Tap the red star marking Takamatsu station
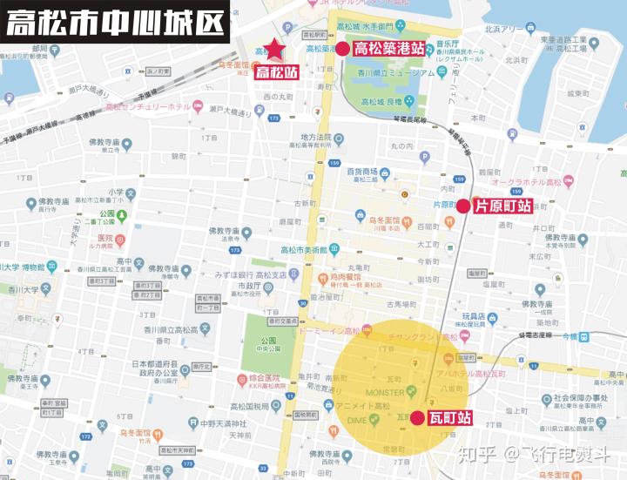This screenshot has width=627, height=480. pyautogui.click(x=275, y=50)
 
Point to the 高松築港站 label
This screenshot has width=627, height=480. pyautogui.click(x=389, y=48)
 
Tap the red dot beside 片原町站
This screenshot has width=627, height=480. pyautogui.click(x=463, y=206)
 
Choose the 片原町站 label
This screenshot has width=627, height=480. pyautogui.click(x=502, y=206)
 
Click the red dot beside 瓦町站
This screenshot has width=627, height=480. pyautogui.click(x=417, y=417)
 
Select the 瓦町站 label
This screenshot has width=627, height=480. pyautogui.click(x=449, y=417)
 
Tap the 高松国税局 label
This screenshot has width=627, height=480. pyautogui.click(x=249, y=407)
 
